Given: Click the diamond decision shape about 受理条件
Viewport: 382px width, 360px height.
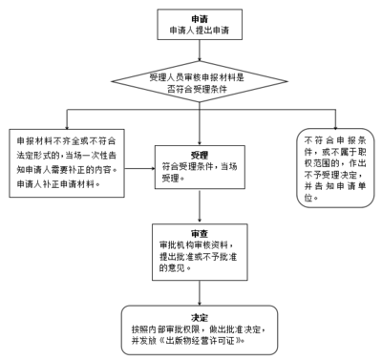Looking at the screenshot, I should [x=199, y=84].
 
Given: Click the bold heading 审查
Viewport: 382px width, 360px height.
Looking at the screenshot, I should [x=172, y=232].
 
